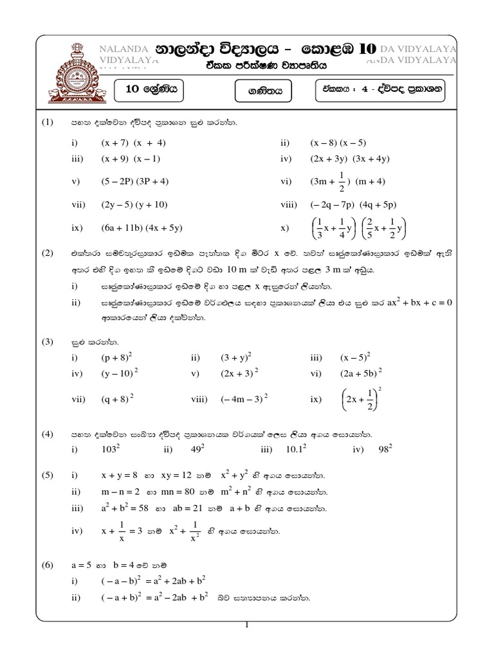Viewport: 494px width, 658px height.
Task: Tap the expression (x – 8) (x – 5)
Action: coord(338,142)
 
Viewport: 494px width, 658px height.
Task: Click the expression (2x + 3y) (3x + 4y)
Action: coord(351,159)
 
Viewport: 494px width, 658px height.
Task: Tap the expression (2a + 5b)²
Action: coord(361,372)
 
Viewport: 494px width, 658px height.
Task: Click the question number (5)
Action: coord(48,476)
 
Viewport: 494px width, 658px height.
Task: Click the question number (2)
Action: coord(48,253)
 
